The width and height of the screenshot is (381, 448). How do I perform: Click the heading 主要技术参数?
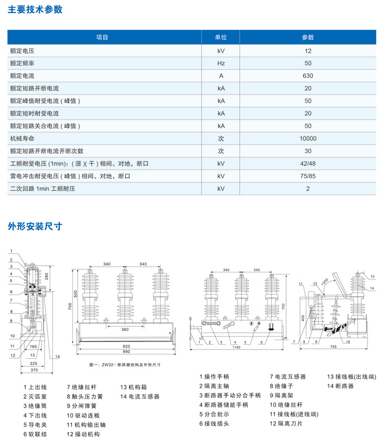pyautogui.click(x=35, y=9)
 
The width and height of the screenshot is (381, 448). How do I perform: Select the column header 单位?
pyautogui.click(x=220, y=38)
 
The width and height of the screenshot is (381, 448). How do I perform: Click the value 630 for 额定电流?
pyautogui.click(x=308, y=76)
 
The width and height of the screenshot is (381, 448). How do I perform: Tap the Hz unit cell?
pyautogui.click(x=220, y=63)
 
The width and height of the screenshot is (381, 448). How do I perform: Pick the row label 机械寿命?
pyautogui.click(x=22, y=139)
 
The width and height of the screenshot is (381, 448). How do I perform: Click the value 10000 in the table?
pyautogui.click(x=308, y=139)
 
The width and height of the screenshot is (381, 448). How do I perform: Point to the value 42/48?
pyautogui.click(x=308, y=164)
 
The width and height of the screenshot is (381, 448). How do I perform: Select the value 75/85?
pyautogui.click(x=308, y=176)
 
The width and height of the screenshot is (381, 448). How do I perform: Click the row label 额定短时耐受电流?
pyautogui.click(x=34, y=114)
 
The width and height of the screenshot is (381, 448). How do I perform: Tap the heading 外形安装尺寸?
pyautogui.click(x=35, y=227)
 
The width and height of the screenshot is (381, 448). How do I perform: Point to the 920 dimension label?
pyautogui.click(x=126, y=346)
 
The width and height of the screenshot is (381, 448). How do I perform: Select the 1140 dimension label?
pyautogui.click(x=237, y=347)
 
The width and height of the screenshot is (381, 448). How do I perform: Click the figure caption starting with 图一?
pyautogui.click(x=124, y=365)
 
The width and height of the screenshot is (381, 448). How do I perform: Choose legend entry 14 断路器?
pyautogui.click(x=340, y=385)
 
